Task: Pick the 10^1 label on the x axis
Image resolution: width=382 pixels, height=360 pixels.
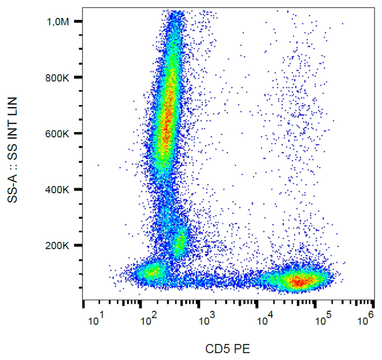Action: (x=96, y=320)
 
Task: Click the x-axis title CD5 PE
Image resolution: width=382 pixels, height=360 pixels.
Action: (x=228, y=349)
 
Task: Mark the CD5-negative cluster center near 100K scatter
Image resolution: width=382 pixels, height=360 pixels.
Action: (x=151, y=272)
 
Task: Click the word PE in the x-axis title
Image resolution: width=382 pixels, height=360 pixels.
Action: (x=243, y=349)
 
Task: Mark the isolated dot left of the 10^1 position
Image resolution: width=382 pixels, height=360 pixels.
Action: (x=98, y=165)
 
